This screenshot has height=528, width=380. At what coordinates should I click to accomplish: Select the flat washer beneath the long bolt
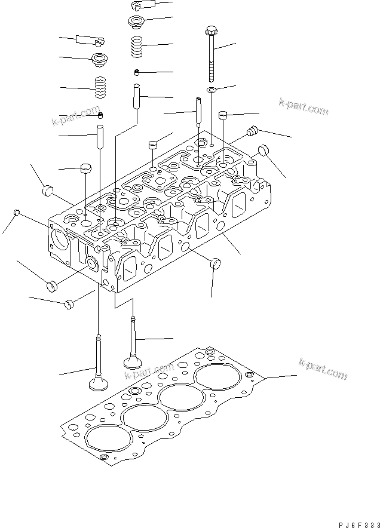(x=212, y=90)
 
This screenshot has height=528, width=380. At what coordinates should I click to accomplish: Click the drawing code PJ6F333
(x=358, y=524)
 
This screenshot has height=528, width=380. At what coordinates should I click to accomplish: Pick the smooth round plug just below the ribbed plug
(x=263, y=150)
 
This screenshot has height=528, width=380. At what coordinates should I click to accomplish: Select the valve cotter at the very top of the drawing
(x=142, y=5)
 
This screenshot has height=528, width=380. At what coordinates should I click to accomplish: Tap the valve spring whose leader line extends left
(x=100, y=87)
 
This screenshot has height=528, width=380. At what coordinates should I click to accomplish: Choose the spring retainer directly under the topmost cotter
(x=136, y=21)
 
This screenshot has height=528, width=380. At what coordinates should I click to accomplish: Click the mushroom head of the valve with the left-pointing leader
(x=99, y=383)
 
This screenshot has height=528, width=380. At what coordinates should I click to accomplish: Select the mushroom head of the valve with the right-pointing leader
(x=133, y=363)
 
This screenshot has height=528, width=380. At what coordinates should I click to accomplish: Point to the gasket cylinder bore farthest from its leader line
(x=108, y=438)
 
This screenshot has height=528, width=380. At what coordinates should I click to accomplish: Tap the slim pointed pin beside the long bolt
(x=198, y=110)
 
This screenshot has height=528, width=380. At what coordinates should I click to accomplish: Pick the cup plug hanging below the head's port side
(x=215, y=263)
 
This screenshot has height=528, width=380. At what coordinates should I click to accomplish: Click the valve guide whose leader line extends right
(x=137, y=96)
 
